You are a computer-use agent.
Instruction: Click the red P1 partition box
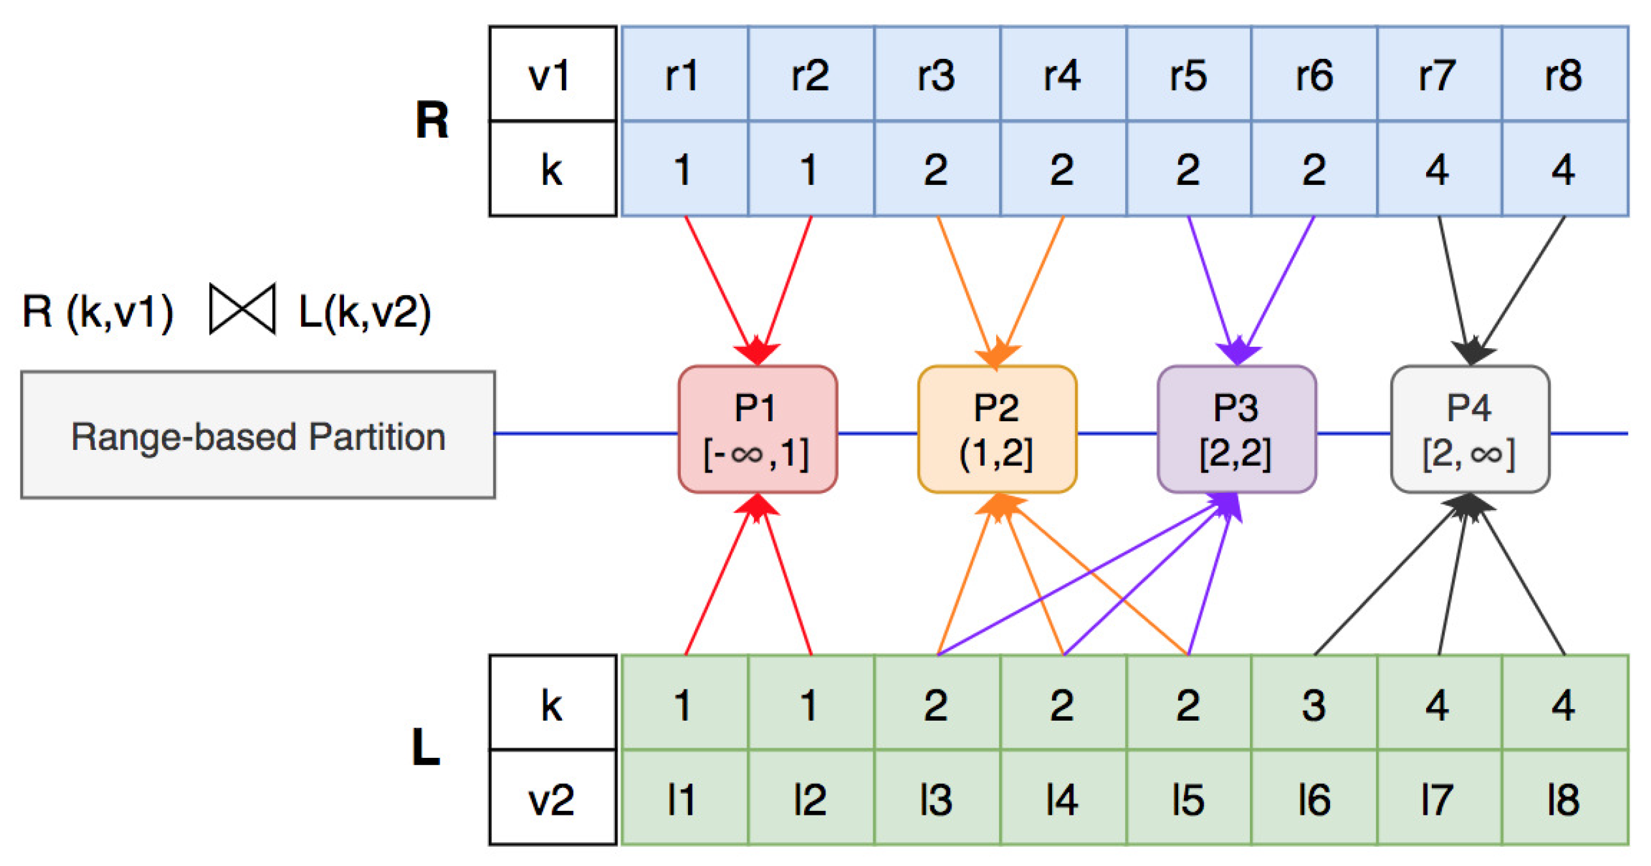[757, 429]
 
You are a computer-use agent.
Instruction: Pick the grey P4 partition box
[1470, 429]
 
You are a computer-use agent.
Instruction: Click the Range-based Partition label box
[258, 435]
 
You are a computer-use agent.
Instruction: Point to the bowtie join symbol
[242, 309]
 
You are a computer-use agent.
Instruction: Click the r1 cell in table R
[684, 74]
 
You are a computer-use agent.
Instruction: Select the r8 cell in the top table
[1565, 74]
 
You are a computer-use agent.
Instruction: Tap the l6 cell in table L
[1313, 799]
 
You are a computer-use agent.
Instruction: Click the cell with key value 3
[1313, 704]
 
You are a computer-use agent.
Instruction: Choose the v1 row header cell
[552, 74]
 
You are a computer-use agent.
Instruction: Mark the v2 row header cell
[552, 799]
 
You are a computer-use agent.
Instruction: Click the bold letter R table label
[431, 120]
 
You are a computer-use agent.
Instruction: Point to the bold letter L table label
[425, 748]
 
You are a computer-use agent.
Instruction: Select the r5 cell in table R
[1188, 74]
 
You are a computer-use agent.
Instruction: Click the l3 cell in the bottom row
[937, 799]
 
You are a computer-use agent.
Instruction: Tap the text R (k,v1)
[98, 312]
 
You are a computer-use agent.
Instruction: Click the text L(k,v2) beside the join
[365, 312]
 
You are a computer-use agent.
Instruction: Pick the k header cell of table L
[552, 704]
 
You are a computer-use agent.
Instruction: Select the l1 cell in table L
[684, 799]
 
